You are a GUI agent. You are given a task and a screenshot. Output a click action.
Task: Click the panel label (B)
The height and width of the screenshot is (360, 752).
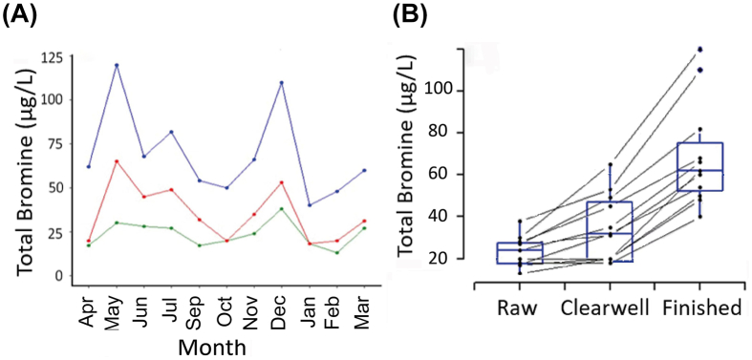pyautogui.click(x=412, y=16)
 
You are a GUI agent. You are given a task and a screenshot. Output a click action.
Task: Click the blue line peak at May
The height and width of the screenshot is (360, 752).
pyautogui.click(x=117, y=65)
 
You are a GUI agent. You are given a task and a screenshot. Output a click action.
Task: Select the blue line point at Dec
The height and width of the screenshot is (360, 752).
pyautogui.click(x=282, y=82)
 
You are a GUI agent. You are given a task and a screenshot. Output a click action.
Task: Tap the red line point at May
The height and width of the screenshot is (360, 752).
pyautogui.click(x=117, y=161)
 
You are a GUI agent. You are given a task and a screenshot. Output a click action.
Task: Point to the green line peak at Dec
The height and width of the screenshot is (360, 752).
pyautogui.click(x=282, y=208)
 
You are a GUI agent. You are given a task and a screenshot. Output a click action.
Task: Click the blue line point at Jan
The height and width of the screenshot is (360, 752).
pyautogui.click(x=310, y=205)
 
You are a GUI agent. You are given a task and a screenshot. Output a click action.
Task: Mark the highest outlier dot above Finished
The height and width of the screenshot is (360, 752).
pyautogui.click(x=699, y=49)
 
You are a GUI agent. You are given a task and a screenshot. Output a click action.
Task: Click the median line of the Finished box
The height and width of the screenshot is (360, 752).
pyautogui.click(x=699, y=170)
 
